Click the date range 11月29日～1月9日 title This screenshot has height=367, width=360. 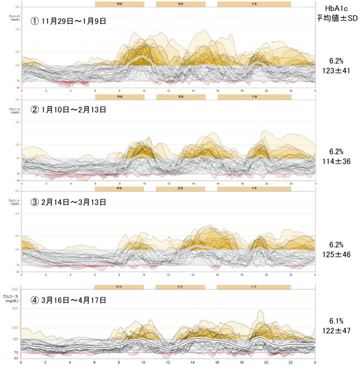click(x=69, y=21)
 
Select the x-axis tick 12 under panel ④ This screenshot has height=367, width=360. click(x=169, y=363)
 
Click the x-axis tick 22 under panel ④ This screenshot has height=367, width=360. click(x=291, y=363)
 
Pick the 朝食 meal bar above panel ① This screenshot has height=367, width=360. click(x=119, y=3)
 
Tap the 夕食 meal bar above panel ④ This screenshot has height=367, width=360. click(x=254, y=287)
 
